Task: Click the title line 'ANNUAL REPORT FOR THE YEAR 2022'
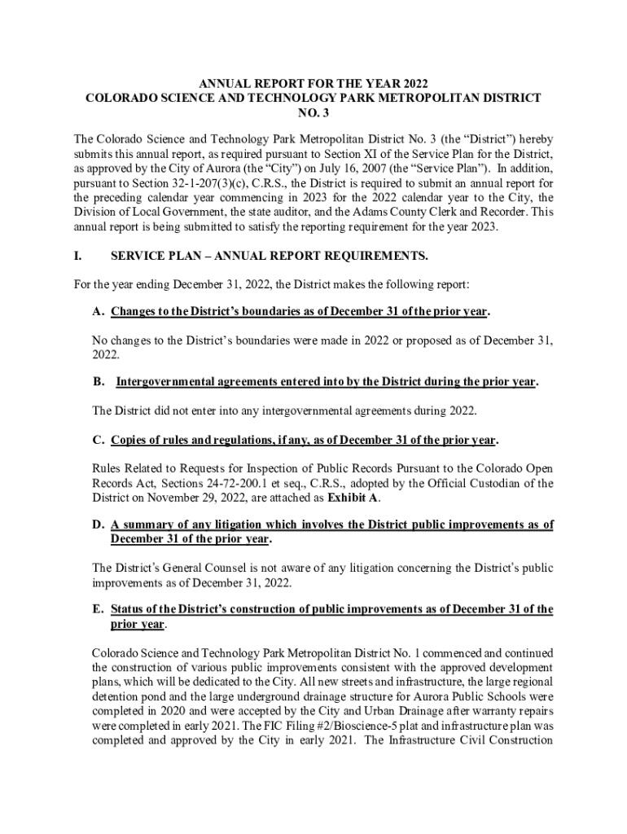pos(313,84)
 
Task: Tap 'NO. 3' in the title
pos(313,112)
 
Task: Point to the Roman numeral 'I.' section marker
pos(78,256)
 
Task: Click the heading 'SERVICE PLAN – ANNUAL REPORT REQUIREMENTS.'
pos(270,256)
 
